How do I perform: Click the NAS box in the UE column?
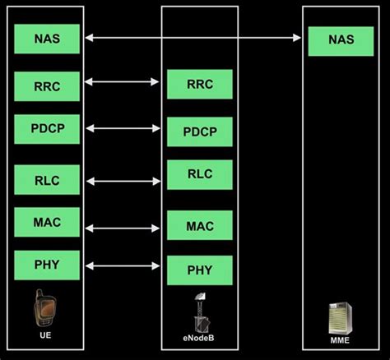(x=47, y=39)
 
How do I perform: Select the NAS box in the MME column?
(x=340, y=40)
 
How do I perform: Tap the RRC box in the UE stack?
(x=47, y=85)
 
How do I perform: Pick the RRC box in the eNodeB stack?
(x=199, y=84)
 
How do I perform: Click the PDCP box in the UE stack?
(x=47, y=129)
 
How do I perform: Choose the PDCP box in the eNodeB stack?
(x=199, y=132)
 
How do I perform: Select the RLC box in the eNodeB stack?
(x=199, y=174)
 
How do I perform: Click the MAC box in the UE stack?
(x=47, y=222)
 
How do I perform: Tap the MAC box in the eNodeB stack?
(x=199, y=225)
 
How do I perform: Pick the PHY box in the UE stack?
(x=47, y=265)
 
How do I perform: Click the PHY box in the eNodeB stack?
(x=199, y=270)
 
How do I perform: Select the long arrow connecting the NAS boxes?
(x=193, y=37)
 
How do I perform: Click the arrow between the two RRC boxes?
(x=123, y=81)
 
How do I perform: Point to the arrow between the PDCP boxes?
(x=123, y=127)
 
